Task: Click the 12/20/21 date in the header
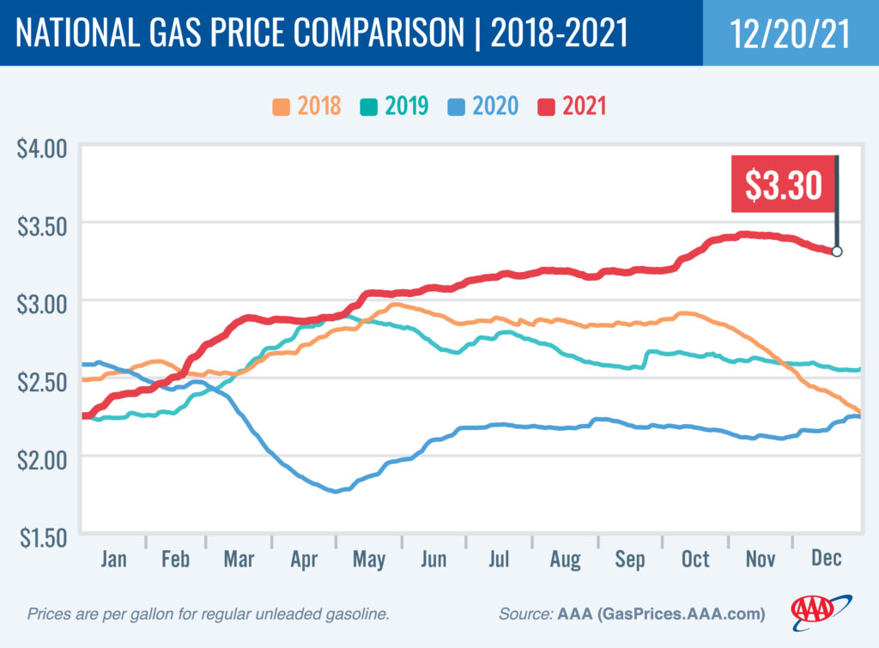[790, 33]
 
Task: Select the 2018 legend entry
[307, 106]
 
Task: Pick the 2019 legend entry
[395, 106]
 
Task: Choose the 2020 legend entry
[483, 106]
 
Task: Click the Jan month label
[113, 560]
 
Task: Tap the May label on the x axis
[369, 560]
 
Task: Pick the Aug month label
[565, 560]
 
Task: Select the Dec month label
[826, 560]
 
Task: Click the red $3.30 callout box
[782, 185]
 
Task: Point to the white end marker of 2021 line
[837, 251]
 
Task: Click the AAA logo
[821, 609]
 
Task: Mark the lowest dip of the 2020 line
[337, 491]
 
